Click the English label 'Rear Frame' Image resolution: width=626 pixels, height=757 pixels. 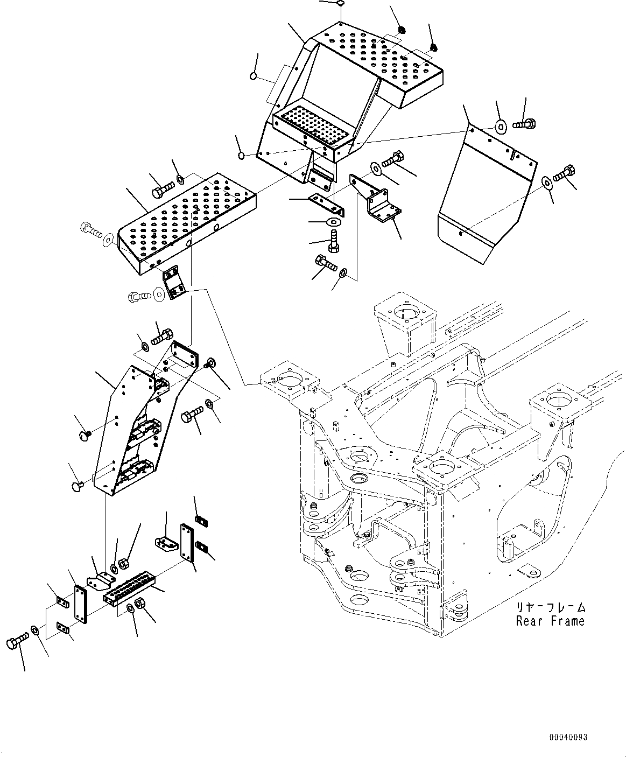coord(550,621)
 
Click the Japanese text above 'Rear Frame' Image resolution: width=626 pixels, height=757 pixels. coord(550,608)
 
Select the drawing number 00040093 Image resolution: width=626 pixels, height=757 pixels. coord(568,737)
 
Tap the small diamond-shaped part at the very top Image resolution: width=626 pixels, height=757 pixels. coord(340,4)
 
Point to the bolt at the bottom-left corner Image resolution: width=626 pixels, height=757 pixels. coord(17,643)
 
